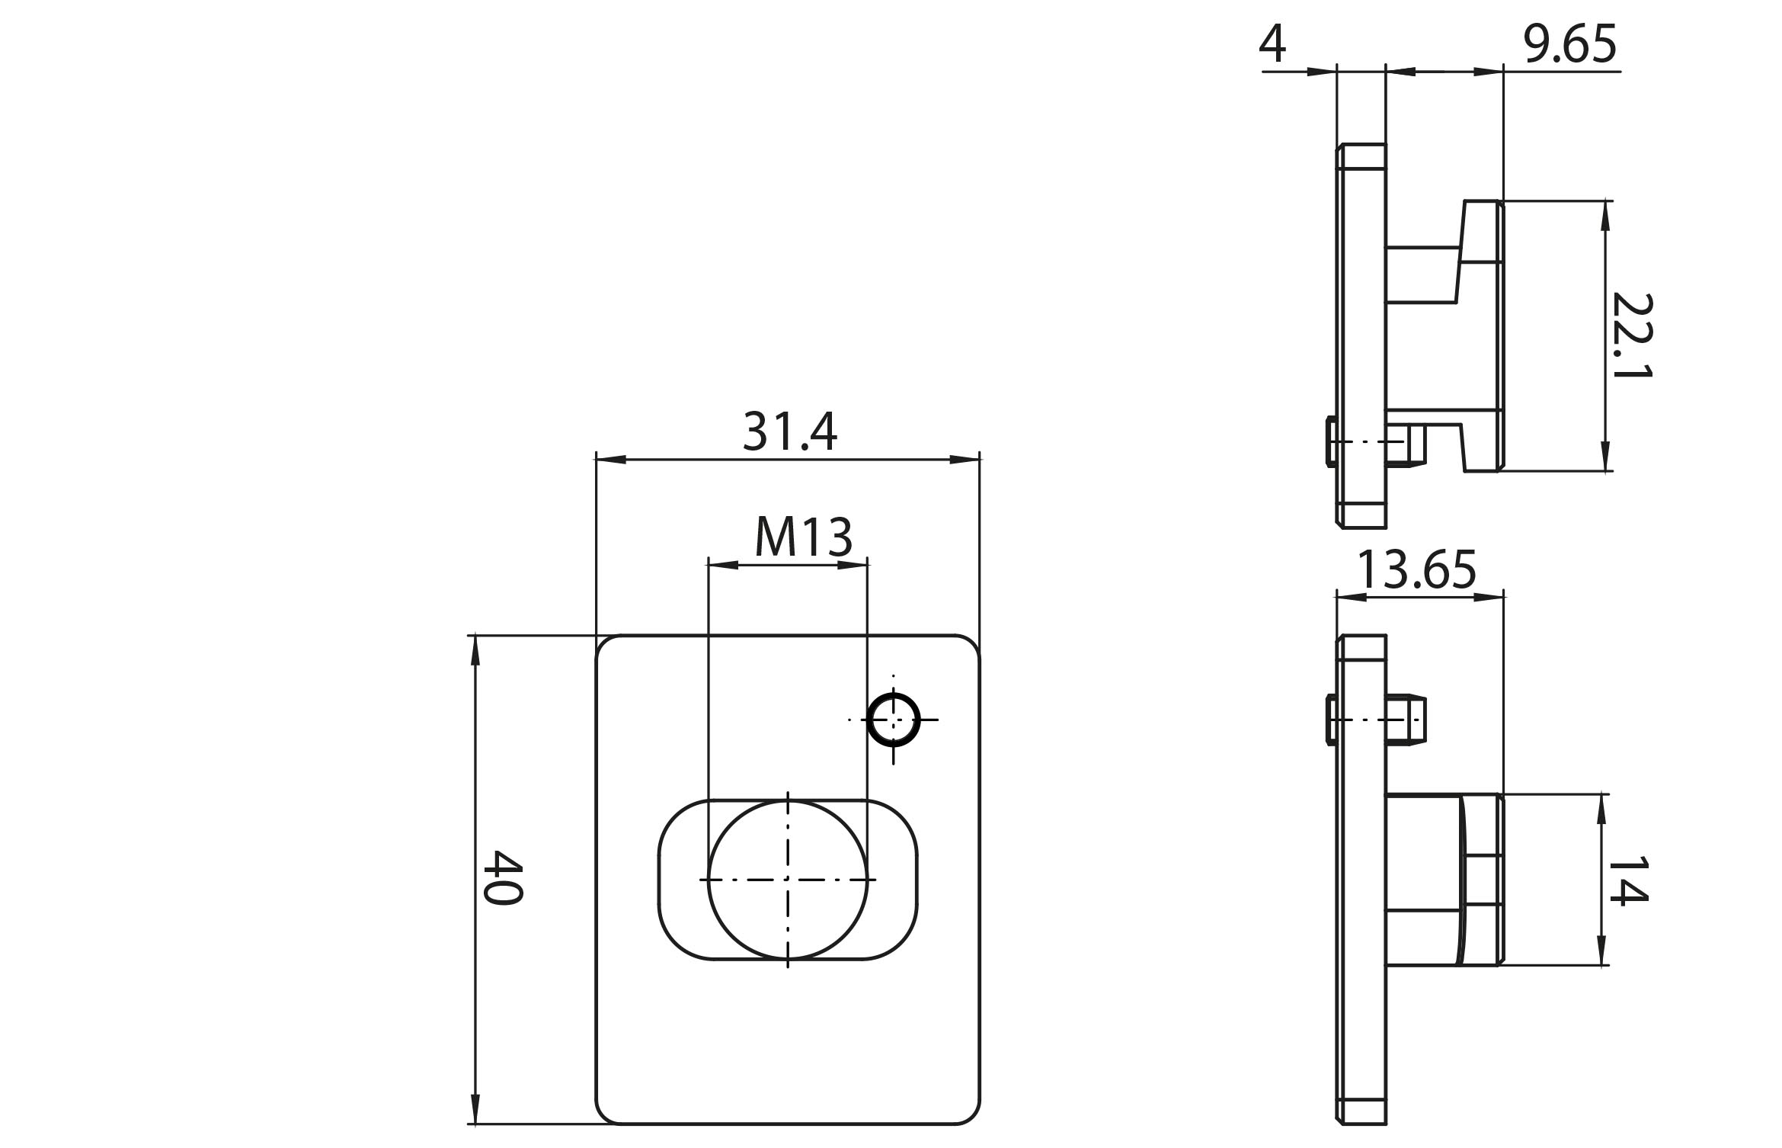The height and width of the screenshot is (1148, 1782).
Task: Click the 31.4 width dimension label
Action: click(790, 431)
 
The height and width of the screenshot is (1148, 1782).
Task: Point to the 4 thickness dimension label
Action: click(1272, 43)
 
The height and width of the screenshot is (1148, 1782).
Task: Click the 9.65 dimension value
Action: click(1569, 44)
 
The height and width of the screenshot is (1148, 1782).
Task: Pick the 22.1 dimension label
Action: click(1631, 336)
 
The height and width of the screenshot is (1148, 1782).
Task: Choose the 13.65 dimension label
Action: click(1416, 569)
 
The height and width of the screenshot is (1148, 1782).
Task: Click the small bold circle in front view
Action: click(894, 719)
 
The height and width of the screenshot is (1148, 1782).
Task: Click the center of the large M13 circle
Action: click(788, 880)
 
